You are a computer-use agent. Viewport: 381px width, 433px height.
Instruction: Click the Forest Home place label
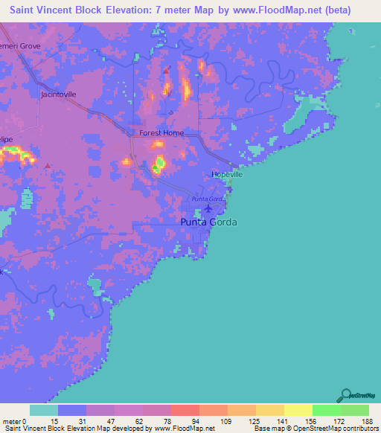click(161, 133)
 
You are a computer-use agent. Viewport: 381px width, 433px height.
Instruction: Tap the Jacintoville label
click(59, 95)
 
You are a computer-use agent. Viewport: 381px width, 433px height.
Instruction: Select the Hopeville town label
click(227, 175)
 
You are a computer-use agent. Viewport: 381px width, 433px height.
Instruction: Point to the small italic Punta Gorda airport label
click(208, 199)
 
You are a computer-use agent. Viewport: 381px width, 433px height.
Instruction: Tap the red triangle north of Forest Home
click(166, 71)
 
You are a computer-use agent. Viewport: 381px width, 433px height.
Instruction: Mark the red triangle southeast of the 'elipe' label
click(48, 165)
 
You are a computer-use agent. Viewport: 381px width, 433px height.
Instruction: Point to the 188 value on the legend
click(368, 420)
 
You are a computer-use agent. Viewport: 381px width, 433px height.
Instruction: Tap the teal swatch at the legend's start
click(44, 410)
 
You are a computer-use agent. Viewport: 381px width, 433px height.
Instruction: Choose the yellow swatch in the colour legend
click(298, 410)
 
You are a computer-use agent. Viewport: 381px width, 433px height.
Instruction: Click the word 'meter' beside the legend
click(11, 420)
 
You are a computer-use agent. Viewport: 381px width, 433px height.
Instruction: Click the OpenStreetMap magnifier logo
click(345, 396)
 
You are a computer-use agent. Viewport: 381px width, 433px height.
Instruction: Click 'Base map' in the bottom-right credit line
click(266, 429)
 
